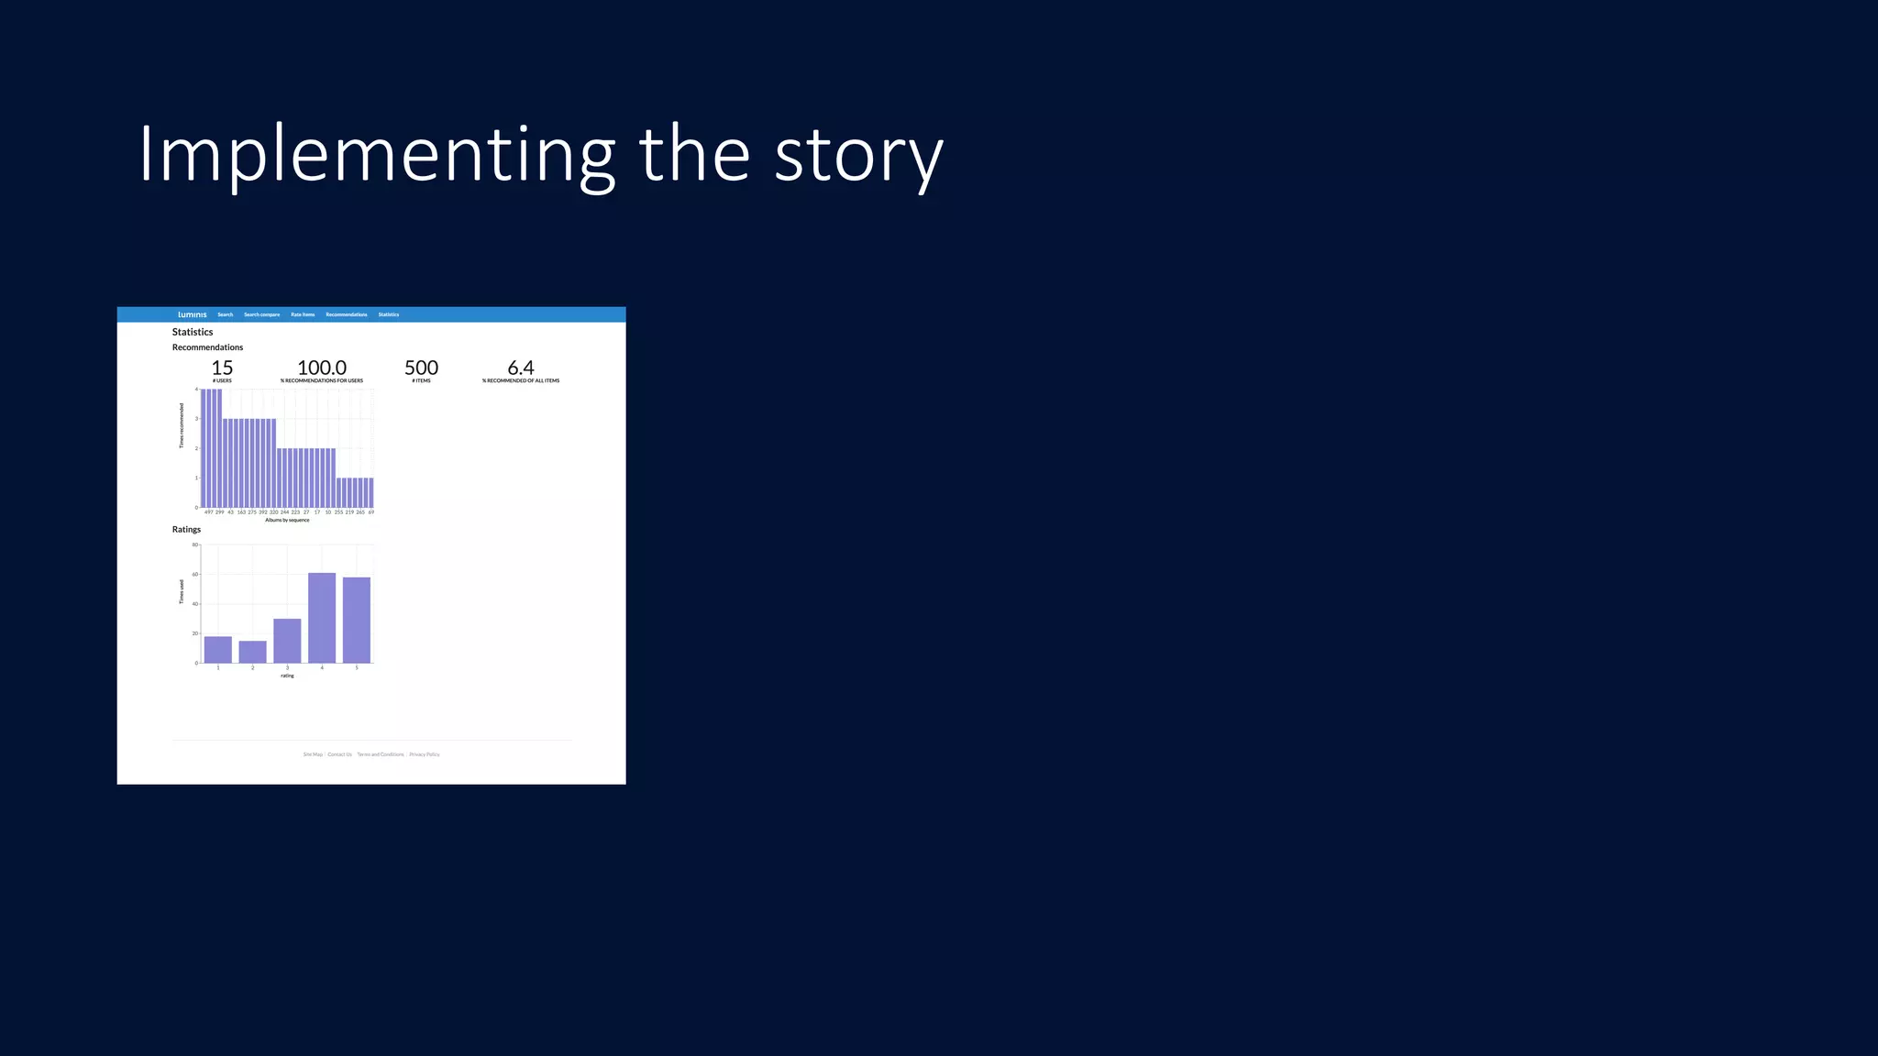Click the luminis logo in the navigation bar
193,314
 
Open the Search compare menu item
261,314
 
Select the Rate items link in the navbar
303,314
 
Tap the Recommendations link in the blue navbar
346,314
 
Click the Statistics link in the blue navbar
389,314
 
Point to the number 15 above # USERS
222,368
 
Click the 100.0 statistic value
322,368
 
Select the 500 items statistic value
421,368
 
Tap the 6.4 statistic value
521,368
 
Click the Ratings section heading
186,530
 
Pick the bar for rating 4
322,618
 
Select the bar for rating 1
218,650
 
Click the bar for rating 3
287,641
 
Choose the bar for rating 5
357,620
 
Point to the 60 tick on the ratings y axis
194,575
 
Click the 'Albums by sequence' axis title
287,520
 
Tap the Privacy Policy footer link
425,754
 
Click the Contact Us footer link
339,754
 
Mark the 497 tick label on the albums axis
208,512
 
